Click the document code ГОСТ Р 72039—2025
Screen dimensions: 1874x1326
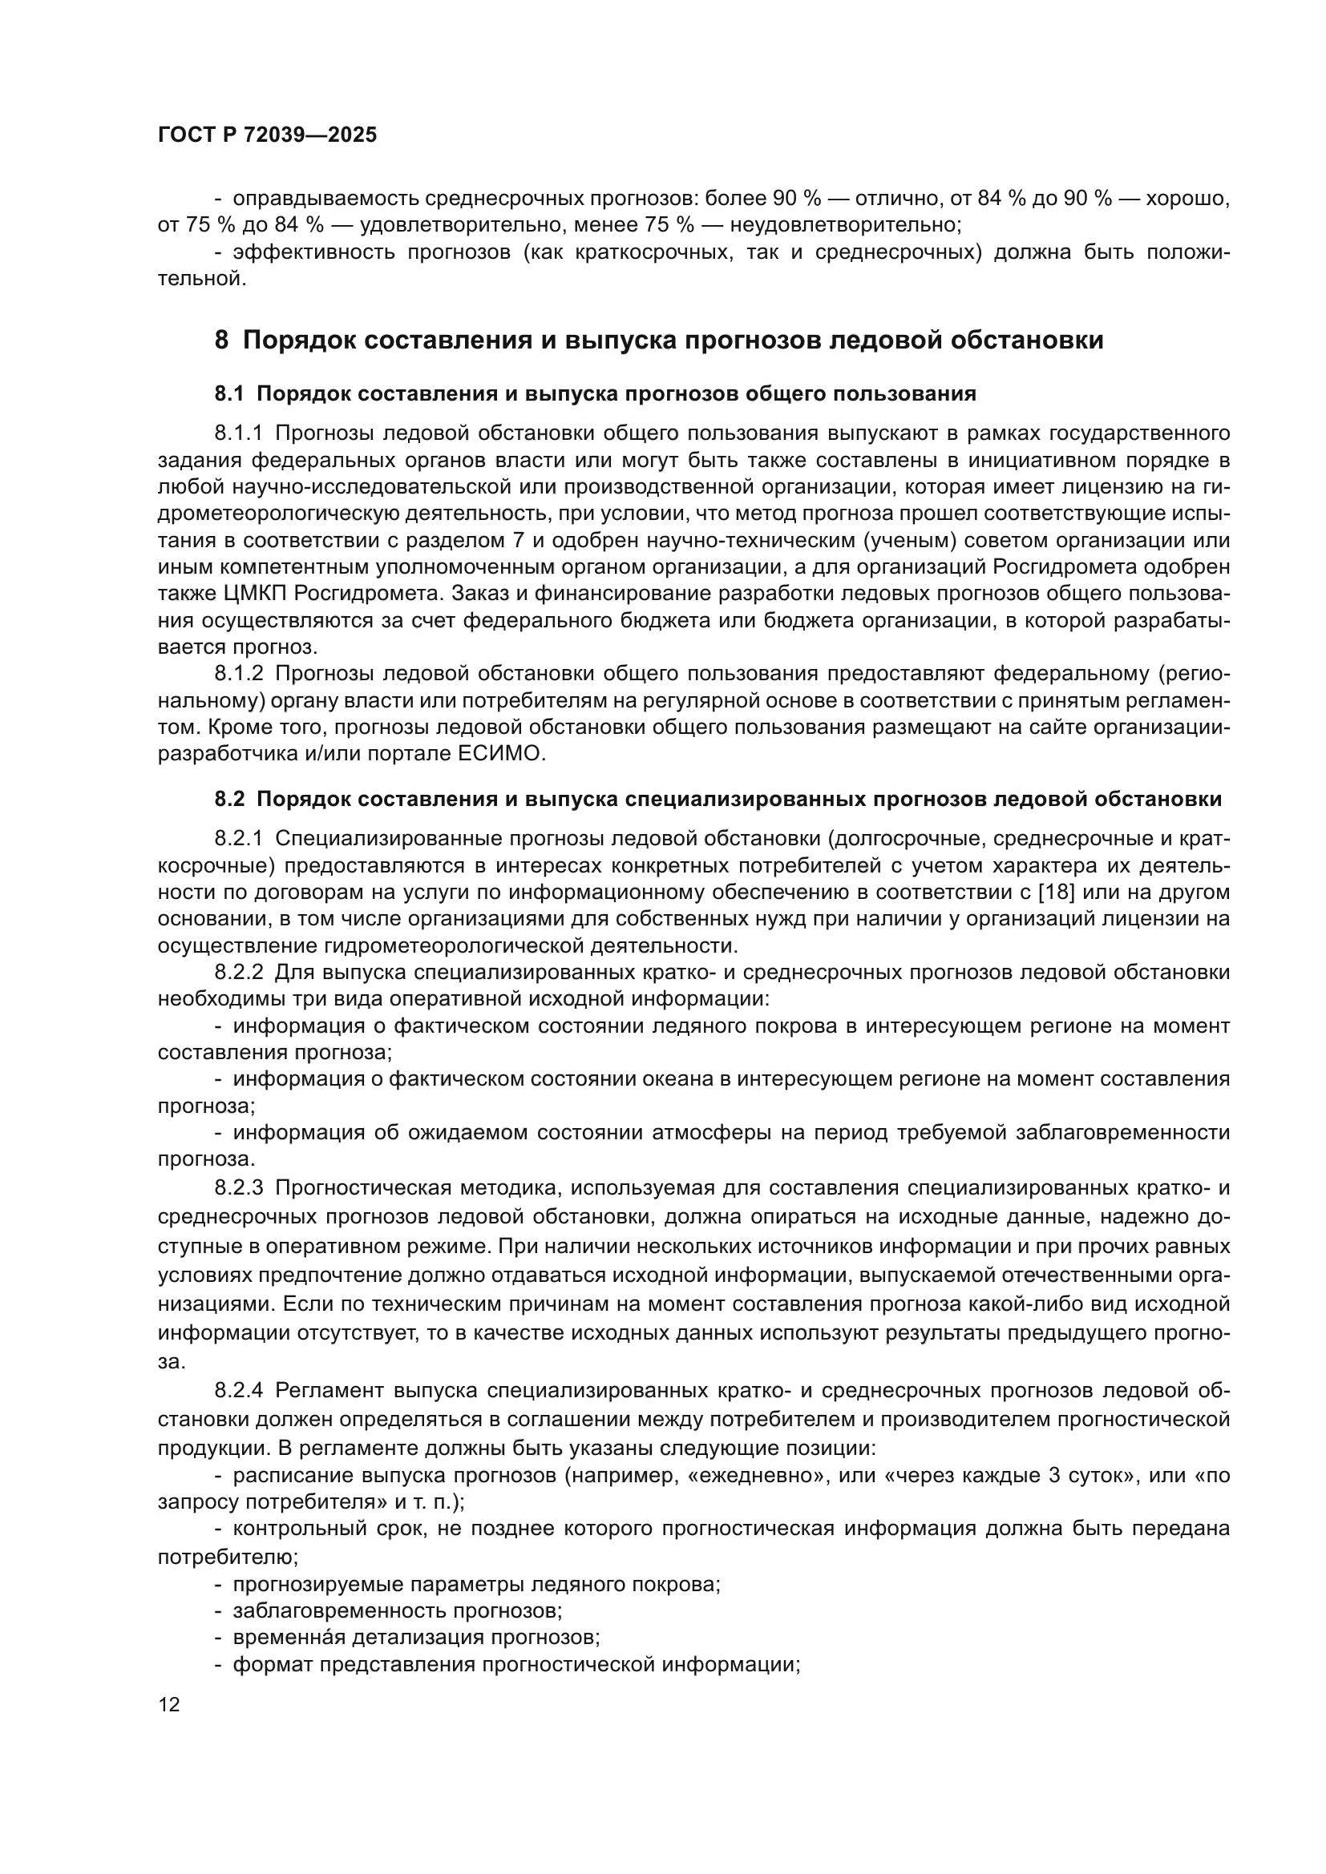(x=268, y=135)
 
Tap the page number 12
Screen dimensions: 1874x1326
(x=169, y=1704)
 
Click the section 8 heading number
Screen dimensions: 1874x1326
(x=221, y=340)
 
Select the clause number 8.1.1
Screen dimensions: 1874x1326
(x=239, y=433)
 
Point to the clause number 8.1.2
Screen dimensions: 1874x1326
(x=239, y=673)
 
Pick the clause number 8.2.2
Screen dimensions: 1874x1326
(x=239, y=973)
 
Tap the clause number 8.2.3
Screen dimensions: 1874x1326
(x=239, y=1188)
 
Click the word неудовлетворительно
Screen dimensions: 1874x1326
(x=844, y=224)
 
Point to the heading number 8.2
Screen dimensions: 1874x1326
(x=229, y=799)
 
